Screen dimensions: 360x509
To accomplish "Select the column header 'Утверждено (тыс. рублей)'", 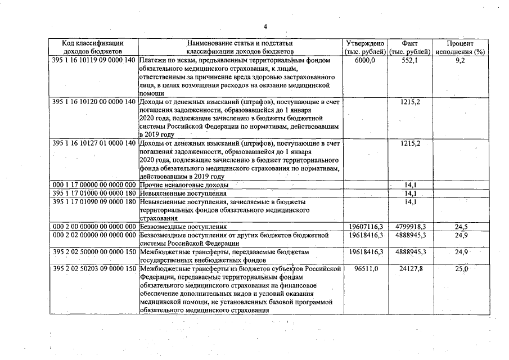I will pyautogui.click(x=366, y=47).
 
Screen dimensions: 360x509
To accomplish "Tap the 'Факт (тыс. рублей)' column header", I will pyautogui.click(x=409, y=47).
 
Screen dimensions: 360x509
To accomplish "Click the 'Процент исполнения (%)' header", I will pyautogui.click(x=460, y=47).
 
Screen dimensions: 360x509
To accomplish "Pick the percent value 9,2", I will pyautogui.click(x=460, y=60).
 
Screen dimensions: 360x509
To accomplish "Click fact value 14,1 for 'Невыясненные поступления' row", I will pyautogui.click(x=410, y=193).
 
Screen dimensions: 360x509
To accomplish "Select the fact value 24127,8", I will pyautogui.click(x=411, y=269).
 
